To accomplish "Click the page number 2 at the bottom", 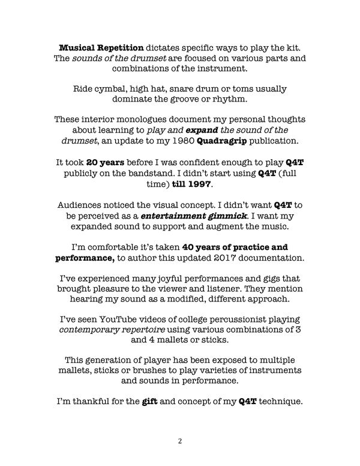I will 180,441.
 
